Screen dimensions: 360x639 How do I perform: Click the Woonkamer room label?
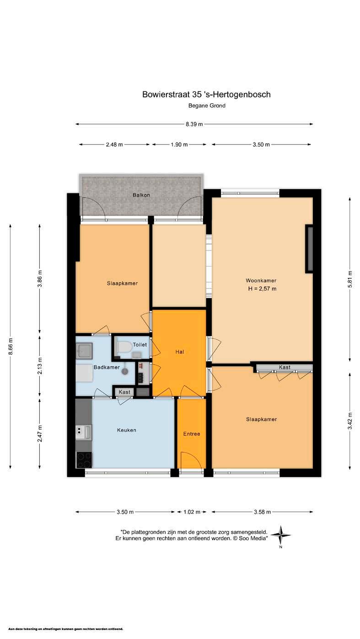pos(261,280)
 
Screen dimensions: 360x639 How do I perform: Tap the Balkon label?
pos(141,195)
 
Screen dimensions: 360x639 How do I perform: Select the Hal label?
pos(180,352)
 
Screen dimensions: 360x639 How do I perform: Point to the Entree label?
pos(192,434)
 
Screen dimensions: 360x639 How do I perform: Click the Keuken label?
pos(126,430)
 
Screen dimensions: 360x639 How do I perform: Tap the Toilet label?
pos(140,345)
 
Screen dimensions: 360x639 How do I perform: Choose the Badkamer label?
pos(107,367)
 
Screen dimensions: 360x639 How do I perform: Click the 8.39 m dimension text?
pos(194,124)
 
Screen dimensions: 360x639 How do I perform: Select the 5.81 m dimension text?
pos(350,280)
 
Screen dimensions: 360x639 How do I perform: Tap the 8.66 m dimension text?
pos(11,346)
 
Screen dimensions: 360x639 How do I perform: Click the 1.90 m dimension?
pos(179,144)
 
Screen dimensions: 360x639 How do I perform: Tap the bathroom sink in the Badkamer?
pos(84,351)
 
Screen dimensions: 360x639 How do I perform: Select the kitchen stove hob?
pos(84,460)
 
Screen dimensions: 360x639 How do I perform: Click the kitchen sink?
pos(83,432)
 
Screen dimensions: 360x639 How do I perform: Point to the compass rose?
pos(281,535)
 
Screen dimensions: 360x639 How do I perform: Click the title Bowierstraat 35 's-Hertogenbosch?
pos(206,95)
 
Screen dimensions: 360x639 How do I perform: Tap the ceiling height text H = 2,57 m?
pos(262,289)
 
